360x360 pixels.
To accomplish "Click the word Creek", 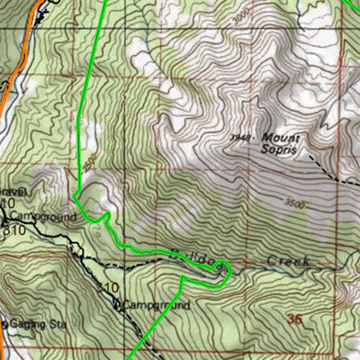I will click(288, 261).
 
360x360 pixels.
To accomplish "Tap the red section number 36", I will click(294, 319).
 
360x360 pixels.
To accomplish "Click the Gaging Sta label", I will click(27, 324).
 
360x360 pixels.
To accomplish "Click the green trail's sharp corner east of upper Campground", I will click(108, 215).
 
